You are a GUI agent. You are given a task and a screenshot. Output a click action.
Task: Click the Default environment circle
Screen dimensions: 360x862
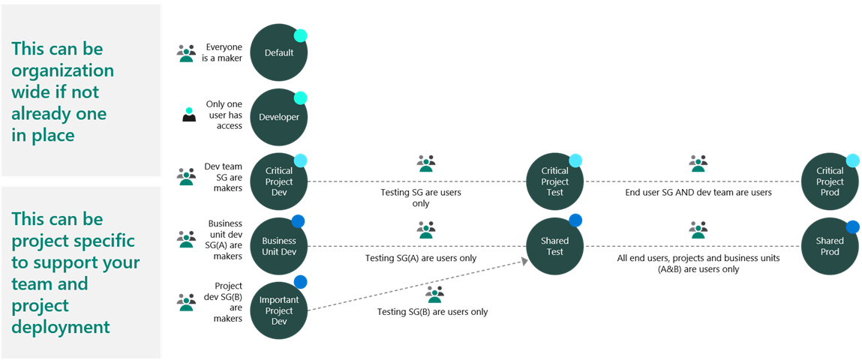coord(279,53)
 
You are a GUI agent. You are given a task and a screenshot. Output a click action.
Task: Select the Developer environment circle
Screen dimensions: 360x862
coord(279,118)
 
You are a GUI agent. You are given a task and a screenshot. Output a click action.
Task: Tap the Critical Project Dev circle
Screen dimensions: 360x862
coord(279,181)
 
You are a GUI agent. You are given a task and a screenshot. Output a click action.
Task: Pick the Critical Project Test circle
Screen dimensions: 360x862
coord(555,181)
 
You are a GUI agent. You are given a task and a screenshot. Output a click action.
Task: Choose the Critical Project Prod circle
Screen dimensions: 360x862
coord(830,181)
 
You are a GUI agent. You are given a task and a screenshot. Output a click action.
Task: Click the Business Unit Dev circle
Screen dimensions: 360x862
coord(279,246)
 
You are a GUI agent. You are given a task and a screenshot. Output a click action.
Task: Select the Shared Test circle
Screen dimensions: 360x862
coord(555,246)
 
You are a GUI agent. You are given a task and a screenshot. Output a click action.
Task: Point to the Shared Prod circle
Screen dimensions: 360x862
coord(830,246)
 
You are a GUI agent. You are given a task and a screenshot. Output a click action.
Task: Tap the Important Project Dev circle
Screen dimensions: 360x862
coord(279,310)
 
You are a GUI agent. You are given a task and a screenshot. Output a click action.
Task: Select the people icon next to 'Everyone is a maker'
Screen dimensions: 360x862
coord(186,52)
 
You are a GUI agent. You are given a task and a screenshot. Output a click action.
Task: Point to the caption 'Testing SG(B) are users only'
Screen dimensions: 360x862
coord(432,311)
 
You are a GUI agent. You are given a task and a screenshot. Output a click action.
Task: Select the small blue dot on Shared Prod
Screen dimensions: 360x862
coord(852,226)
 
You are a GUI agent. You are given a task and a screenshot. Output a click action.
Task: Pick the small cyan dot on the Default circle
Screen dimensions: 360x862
coord(300,34)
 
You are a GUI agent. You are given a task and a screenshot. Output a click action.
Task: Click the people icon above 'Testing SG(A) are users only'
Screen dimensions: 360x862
coord(426,229)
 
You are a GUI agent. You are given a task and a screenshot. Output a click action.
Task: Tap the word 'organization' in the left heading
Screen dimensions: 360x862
coord(63,70)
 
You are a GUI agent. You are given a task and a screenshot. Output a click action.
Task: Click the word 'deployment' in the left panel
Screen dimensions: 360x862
coord(61,327)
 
